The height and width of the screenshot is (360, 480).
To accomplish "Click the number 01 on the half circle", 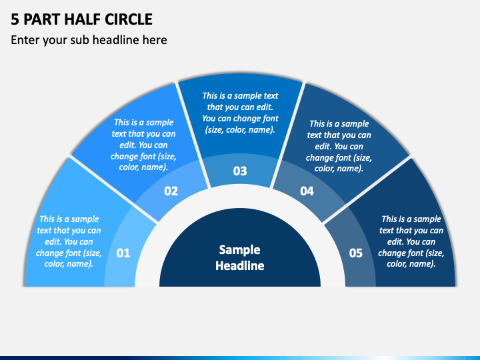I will [x=123, y=253].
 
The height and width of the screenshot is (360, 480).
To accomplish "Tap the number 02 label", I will [x=171, y=191].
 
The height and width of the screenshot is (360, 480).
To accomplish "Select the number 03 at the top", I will [x=240, y=171].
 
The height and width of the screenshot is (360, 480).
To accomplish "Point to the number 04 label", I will [x=307, y=191].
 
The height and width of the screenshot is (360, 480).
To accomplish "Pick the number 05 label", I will [x=356, y=253].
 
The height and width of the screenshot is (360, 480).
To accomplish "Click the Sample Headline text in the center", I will [x=240, y=257].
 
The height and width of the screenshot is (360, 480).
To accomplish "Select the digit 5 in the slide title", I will [x=15, y=19].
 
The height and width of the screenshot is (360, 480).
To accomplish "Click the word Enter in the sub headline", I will [x=25, y=40].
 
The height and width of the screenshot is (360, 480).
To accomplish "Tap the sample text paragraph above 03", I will [x=240, y=113].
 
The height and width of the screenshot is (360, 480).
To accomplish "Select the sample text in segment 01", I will [x=69, y=241].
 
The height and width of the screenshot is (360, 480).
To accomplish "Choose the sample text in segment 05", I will [x=411, y=241].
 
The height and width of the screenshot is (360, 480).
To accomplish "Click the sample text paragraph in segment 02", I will [x=143, y=145].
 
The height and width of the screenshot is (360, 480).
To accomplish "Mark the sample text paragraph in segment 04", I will [x=339, y=145].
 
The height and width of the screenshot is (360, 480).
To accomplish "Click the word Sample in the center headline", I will [x=240, y=250].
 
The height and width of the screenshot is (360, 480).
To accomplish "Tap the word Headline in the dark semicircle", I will [x=240, y=265].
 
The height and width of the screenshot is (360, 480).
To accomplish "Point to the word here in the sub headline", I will [x=154, y=40].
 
